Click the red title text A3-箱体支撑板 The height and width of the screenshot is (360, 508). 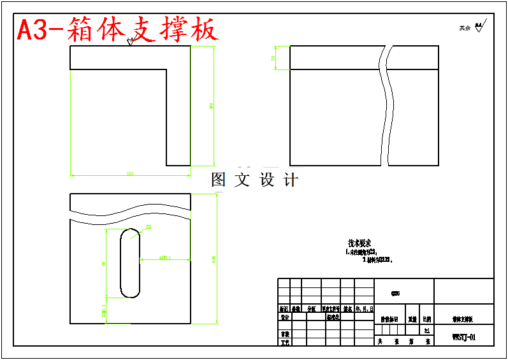117,30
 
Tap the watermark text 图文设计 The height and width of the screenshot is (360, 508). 254,180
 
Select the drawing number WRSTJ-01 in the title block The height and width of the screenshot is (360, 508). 463,337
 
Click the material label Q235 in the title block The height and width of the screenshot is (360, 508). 396,294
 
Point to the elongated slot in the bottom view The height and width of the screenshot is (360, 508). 130,262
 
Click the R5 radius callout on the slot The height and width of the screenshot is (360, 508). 149,227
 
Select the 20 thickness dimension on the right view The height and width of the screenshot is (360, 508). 273,57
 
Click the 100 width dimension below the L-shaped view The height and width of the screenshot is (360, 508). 130,173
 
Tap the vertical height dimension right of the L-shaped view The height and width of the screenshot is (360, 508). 211,106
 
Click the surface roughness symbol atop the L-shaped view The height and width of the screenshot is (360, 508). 131,42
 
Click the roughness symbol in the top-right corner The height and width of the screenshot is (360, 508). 480,25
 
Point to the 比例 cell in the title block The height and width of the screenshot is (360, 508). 426,319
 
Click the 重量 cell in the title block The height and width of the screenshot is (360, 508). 412,319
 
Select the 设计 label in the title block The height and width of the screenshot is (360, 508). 285,317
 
